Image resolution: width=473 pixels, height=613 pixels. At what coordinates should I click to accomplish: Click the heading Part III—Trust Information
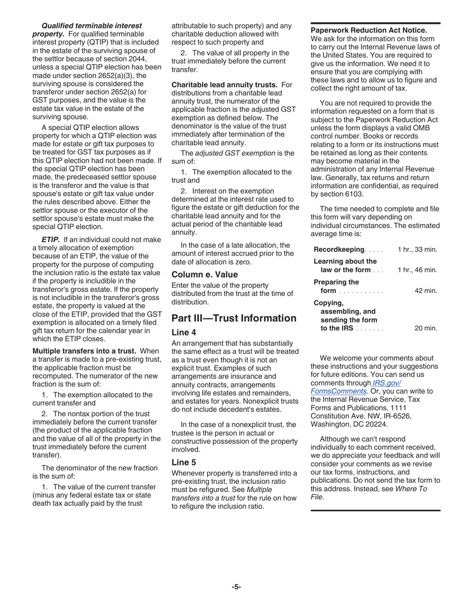click(x=234, y=318)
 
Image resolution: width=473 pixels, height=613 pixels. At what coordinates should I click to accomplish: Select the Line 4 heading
click(x=184, y=332)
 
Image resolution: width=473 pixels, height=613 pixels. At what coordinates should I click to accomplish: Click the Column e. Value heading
click(x=205, y=274)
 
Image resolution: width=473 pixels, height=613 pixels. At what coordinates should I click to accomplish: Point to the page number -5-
click(x=236, y=587)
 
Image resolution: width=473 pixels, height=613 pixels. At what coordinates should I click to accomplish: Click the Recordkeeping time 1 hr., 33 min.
click(x=417, y=249)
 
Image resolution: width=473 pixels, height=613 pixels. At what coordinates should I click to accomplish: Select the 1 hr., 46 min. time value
click(x=417, y=270)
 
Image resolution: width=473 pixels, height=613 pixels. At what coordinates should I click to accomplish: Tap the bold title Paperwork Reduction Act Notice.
click(x=368, y=30)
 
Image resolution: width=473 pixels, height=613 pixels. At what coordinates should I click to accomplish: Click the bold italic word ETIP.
click(x=51, y=239)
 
